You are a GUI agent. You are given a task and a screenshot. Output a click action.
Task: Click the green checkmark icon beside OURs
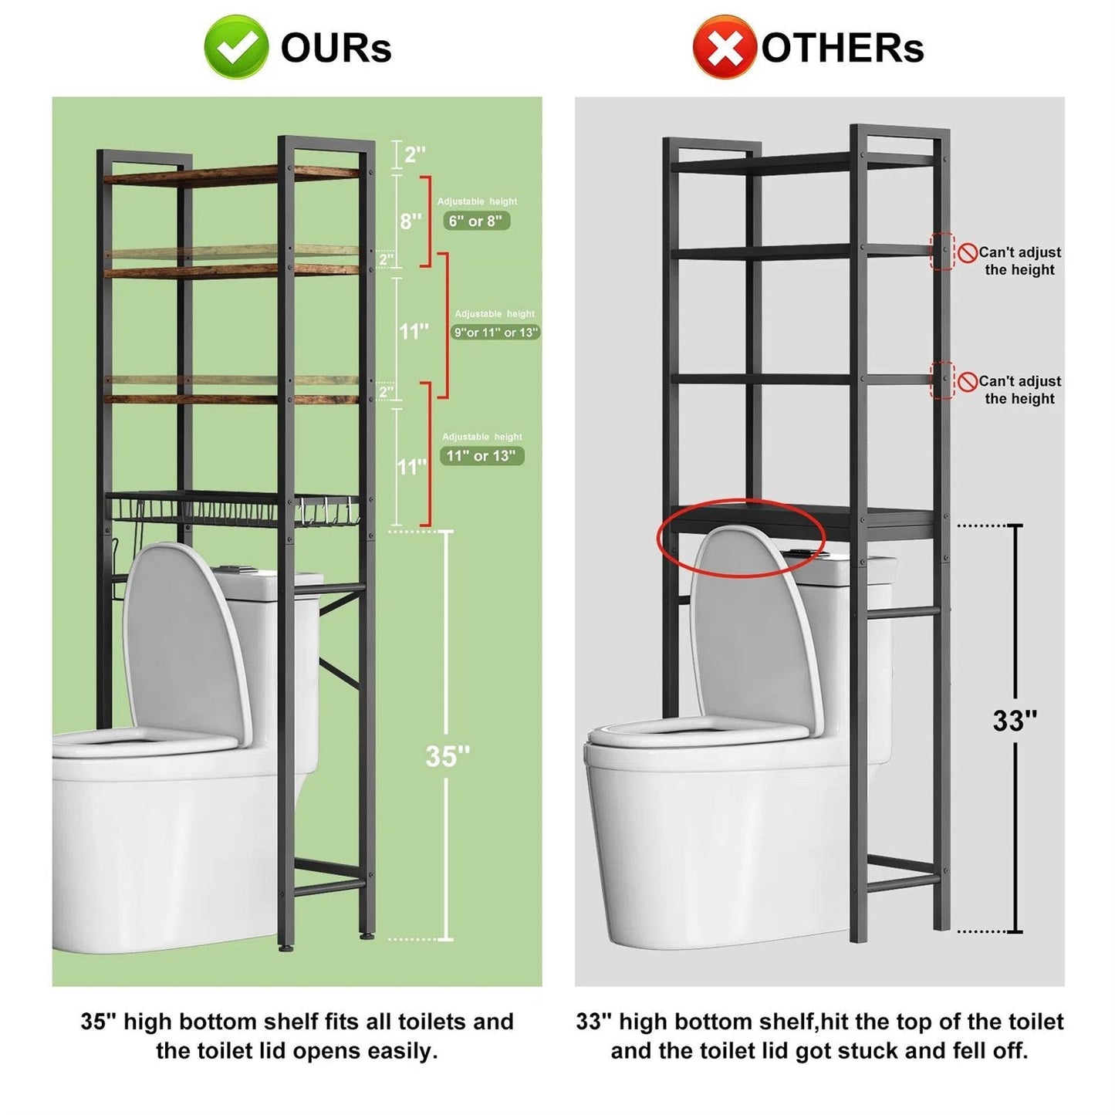tap(236, 47)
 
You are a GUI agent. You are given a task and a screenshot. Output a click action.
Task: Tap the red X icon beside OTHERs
tap(723, 47)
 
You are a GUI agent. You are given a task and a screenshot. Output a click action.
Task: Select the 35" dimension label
tap(448, 756)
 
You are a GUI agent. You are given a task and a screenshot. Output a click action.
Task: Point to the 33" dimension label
tap(1014, 721)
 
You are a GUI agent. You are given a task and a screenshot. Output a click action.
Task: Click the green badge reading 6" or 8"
tap(476, 221)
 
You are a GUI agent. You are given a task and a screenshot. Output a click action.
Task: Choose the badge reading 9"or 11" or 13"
tap(495, 333)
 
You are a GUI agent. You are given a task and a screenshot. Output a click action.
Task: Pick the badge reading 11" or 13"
tap(481, 456)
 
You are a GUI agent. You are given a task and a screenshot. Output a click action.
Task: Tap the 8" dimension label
tap(411, 221)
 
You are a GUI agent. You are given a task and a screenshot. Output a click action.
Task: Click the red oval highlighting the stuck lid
tap(741, 539)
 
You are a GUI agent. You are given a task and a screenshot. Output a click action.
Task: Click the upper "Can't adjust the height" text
tap(1019, 261)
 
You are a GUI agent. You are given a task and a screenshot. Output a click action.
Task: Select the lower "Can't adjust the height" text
tap(1019, 390)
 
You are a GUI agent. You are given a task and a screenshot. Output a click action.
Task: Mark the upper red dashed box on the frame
tap(942, 252)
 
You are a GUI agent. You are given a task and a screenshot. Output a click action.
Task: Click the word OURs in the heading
tap(336, 48)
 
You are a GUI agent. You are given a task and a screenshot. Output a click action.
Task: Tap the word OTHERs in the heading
tap(842, 48)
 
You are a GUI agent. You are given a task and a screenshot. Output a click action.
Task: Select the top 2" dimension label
tap(414, 154)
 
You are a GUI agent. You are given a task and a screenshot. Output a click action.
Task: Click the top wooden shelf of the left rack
tap(231, 175)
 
